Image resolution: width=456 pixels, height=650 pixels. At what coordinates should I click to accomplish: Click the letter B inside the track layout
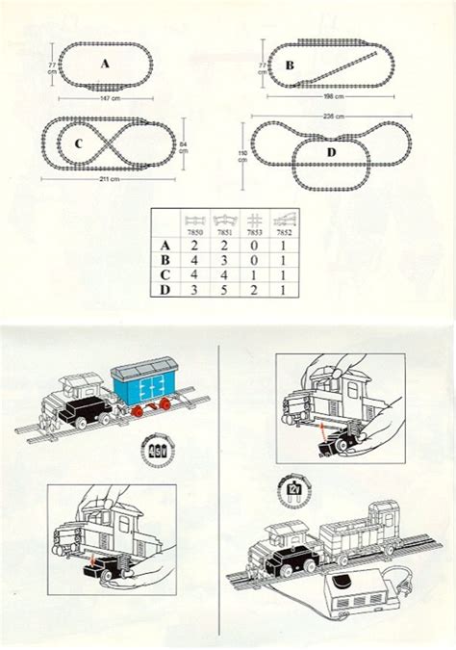(290, 67)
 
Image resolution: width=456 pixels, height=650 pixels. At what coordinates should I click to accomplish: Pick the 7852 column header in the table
(280, 232)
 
